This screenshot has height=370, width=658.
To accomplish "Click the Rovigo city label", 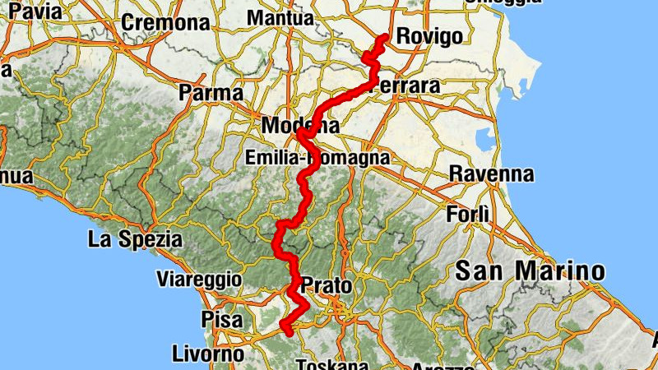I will point(429,35).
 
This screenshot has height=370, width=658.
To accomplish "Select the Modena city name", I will point(299,127).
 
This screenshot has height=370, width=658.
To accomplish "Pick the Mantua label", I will point(280,17).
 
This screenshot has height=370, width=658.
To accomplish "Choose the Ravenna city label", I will point(491,173).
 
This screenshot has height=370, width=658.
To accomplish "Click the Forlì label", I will point(467,215).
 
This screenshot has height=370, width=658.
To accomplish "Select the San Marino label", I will point(530,270).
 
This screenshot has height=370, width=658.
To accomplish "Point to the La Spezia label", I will point(135,240).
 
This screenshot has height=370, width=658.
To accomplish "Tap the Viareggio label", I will point(201,280).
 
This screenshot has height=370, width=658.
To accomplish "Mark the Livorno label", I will point(208,354).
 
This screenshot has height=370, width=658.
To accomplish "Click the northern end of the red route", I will point(385,36).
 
